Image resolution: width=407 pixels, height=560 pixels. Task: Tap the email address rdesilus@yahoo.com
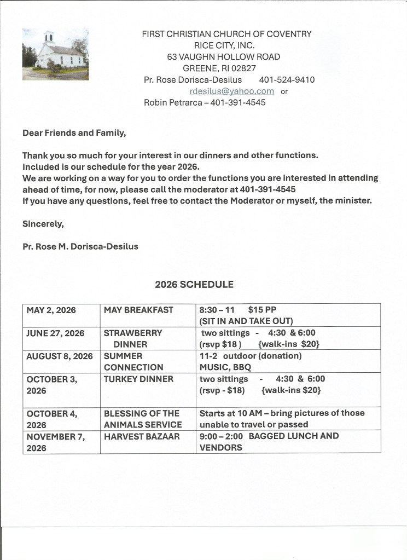(x=231, y=91)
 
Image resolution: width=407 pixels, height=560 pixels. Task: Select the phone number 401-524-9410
(x=287, y=80)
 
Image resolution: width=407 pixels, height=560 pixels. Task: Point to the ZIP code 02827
(x=243, y=68)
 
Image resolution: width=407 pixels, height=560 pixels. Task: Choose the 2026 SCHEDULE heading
(x=194, y=285)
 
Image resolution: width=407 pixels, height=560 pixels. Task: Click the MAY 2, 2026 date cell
(x=51, y=310)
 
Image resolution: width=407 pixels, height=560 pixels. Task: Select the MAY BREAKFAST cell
(x=138, y=310)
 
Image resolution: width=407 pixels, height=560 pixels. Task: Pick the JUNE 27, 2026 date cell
(x=55, y=333)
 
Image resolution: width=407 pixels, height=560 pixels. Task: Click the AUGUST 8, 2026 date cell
(x=60, y=356)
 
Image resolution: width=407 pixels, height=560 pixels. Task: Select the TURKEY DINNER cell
(x=138, y=379)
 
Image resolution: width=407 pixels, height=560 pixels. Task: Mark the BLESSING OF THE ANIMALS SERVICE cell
(x=143, y=419)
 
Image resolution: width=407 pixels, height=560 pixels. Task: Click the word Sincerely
(x=41, y=223)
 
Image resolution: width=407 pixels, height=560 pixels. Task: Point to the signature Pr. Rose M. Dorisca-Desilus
(x=80, y=246)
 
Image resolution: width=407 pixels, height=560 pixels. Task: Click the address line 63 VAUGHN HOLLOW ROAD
(x=223, y=57)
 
